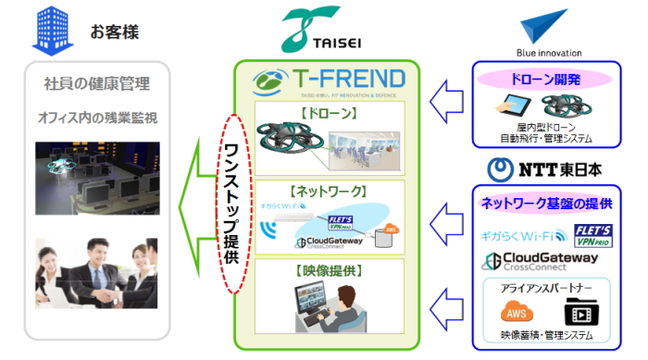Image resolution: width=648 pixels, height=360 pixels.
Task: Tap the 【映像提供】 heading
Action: click(x=328, y=271)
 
